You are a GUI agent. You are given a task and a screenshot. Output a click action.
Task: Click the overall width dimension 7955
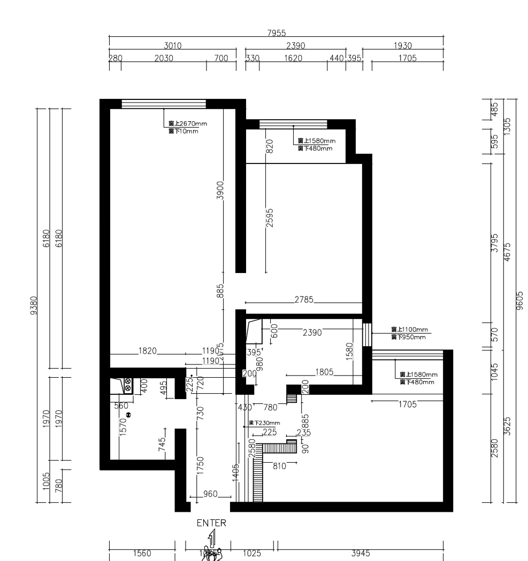276,33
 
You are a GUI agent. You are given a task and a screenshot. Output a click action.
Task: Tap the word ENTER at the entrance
211,523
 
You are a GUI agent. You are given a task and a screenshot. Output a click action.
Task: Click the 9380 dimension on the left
34,306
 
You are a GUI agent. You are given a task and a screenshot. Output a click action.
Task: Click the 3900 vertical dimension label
220,191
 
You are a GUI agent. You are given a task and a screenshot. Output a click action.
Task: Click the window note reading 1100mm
410,330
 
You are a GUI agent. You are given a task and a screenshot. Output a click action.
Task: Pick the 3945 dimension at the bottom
360,554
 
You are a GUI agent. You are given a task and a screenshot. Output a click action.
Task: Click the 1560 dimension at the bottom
142,554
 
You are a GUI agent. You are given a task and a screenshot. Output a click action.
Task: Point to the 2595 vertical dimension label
270,218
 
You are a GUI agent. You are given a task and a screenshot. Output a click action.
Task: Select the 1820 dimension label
148,350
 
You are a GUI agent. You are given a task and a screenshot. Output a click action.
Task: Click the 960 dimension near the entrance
210,494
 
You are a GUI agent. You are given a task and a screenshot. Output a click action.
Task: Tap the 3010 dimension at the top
172,46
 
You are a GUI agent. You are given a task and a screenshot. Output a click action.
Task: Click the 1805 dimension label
325,371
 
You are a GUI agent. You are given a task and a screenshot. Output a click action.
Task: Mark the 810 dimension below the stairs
279,466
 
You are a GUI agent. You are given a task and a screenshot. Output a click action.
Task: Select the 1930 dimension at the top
402,46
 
